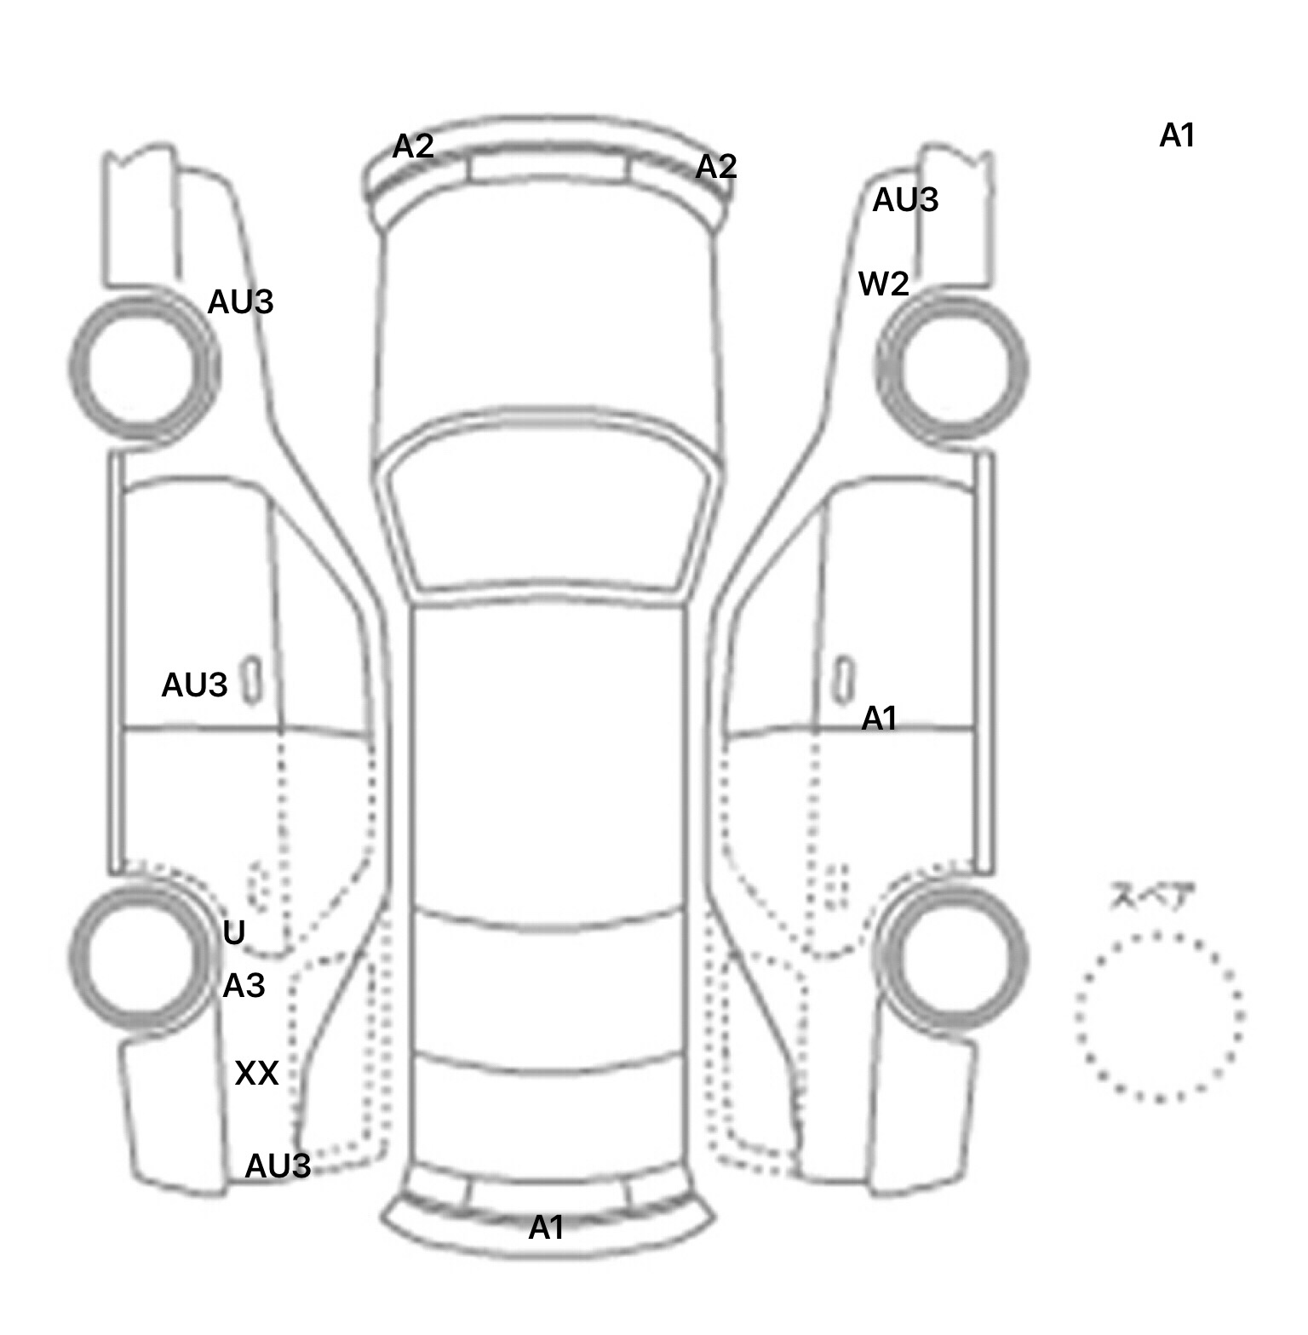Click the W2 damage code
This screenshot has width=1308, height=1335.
click(883, 284)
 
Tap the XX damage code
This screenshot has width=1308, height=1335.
click(256, 1074)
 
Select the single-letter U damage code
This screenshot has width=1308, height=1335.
click(233, 933)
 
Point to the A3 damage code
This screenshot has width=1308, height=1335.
click(244, 986)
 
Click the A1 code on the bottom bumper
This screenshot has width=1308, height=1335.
click(546, 1228)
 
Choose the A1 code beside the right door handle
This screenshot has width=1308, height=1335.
click(879, 719)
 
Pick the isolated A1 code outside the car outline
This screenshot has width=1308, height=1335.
click(1177, 135)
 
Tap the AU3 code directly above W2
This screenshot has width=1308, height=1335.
click(905, 200)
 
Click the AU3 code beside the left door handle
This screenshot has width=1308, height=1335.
click(194, 685)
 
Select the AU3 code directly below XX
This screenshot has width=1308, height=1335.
click(278, 1166)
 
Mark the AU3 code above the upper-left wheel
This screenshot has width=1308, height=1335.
click(240, 301)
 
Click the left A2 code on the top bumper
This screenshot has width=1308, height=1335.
click(413, 146)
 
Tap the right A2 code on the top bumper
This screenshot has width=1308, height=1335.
click(715, 166)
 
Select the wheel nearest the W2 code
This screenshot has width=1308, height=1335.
click(951, 367)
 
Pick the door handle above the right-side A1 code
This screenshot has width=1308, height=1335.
click(843, 678)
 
